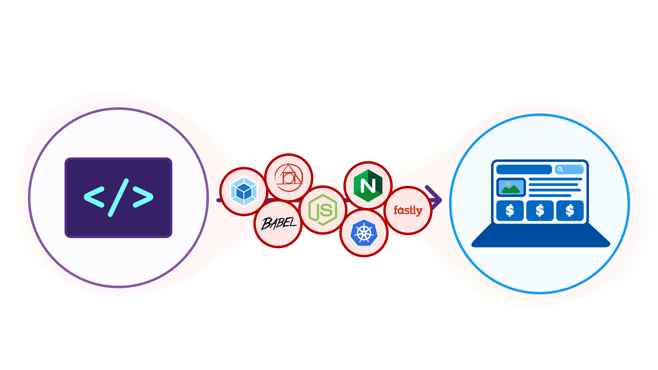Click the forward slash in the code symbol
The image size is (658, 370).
coord(118,198)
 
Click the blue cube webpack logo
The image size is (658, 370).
coord(244,191)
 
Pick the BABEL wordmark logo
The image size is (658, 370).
coord(279,224)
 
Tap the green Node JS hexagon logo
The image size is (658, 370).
coord(323,210)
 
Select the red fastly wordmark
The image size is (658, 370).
coord(408,210)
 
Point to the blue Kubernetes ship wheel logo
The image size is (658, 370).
coord(364,233)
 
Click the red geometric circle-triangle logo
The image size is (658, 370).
coord(289,178)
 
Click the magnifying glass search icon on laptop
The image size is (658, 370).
coord(560,170)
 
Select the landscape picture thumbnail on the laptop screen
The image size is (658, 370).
coord(511,187)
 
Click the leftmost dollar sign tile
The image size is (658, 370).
coord(510,210)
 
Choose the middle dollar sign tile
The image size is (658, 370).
coord(540,210)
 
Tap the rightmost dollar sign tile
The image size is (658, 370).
coord(570,210)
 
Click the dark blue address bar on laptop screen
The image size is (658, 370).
coord(524,170)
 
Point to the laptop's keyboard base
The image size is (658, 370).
coord(540,237)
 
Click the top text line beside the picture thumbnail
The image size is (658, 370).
coord(555,179)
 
